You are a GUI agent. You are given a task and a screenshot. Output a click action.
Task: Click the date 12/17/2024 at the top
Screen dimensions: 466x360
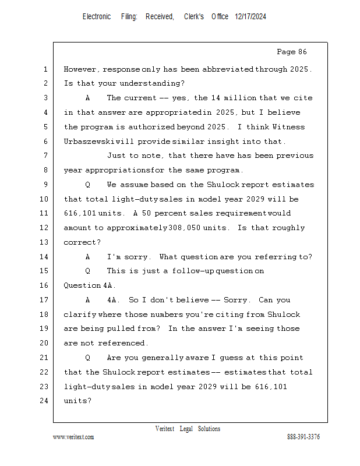coord(250,17)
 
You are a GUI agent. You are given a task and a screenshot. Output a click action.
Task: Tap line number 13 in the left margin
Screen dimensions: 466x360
coord(45,242)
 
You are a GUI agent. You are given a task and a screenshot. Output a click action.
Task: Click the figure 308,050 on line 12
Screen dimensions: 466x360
coord(185,228)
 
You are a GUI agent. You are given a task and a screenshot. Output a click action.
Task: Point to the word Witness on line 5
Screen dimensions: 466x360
coord(289,127)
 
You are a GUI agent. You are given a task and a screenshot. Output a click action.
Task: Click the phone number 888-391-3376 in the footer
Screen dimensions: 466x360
coord(303,437)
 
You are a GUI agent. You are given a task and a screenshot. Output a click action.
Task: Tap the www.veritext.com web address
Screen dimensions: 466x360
coord(73,437)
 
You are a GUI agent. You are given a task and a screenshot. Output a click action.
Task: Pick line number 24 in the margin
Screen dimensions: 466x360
coord(45,401)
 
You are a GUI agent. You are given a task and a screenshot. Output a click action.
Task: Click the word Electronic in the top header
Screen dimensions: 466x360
coord(97,17)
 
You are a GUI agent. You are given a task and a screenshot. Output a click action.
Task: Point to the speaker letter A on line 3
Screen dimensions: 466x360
coord(88,98)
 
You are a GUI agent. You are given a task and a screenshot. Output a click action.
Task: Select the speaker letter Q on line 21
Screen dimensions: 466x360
coord(88,358)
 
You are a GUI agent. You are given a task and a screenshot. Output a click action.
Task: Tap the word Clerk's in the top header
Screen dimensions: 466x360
coord(194,17)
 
